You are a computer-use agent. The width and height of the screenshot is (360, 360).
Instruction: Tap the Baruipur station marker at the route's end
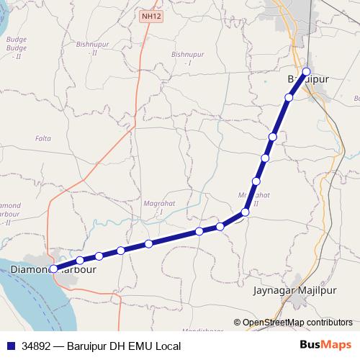click(x=307, y=71)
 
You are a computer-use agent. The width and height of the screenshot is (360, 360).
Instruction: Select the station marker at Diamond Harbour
click(x=53, y=269)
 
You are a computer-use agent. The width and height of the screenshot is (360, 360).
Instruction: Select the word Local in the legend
click(x=166, y=346)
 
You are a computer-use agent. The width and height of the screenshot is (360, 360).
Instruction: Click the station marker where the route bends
click(x=245, y=212)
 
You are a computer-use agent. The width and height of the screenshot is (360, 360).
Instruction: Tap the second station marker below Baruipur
click(x=273, y=137)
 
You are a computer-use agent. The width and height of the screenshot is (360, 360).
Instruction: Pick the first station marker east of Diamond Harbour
click(x=79, y=261)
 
